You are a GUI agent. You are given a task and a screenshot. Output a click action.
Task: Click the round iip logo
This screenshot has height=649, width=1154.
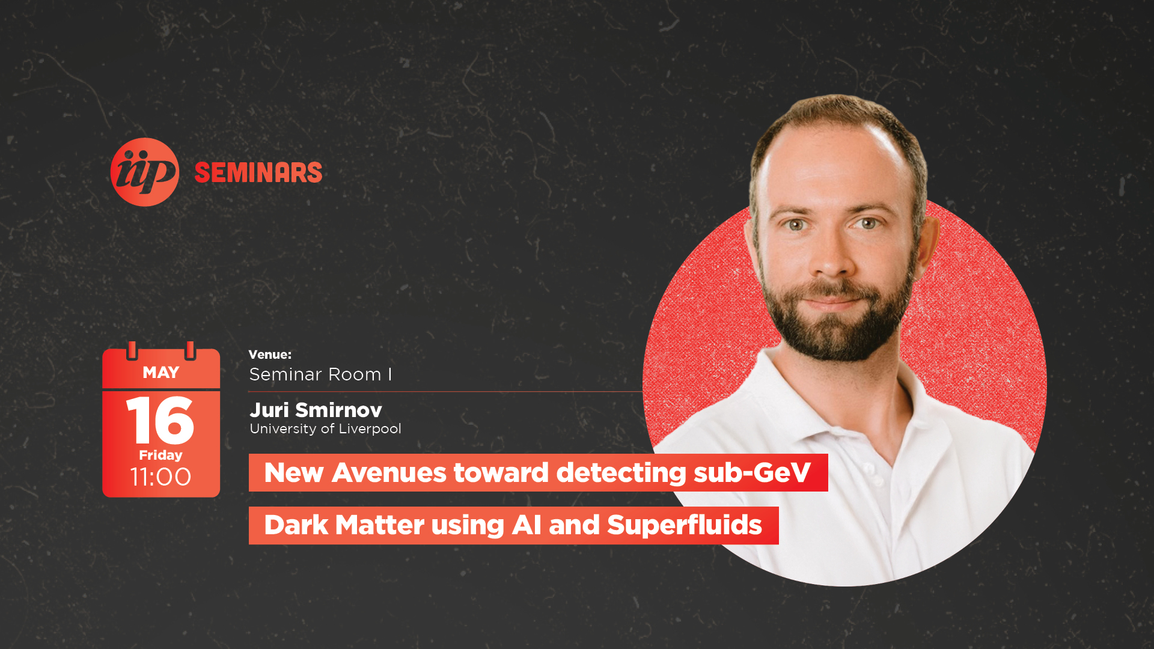coord(145,172)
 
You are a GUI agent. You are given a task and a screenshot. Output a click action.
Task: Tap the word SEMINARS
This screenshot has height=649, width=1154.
coord(258,173)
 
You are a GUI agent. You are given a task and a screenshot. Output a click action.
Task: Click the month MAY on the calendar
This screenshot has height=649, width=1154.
coord(161,373)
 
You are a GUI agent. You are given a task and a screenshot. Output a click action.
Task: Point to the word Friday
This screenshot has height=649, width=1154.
coord(160,455)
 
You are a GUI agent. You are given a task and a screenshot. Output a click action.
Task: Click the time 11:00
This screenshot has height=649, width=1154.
coord(160,477)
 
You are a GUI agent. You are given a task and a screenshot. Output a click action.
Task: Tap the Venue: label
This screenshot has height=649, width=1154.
coord(270,355)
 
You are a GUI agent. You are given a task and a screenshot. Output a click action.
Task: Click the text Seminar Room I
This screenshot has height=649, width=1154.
coord(320,374)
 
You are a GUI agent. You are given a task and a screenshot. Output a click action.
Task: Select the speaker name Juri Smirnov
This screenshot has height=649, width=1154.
coord(316,410)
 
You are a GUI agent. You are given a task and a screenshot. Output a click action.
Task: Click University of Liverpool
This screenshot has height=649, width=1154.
coord(325,428)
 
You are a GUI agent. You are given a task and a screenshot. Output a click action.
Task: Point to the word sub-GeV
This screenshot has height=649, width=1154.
coord(752,472)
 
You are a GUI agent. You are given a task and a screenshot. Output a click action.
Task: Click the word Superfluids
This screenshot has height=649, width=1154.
coord(685,525)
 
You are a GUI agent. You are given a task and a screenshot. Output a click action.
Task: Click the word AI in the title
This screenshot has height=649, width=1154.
coord(527,525)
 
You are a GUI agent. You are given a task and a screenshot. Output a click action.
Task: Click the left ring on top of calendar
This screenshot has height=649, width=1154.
coord(132,350)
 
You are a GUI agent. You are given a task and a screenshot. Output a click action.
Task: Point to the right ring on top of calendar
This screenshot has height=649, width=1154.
coord(190,350)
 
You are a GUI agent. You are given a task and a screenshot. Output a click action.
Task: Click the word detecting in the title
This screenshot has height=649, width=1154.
coord(621,473)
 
